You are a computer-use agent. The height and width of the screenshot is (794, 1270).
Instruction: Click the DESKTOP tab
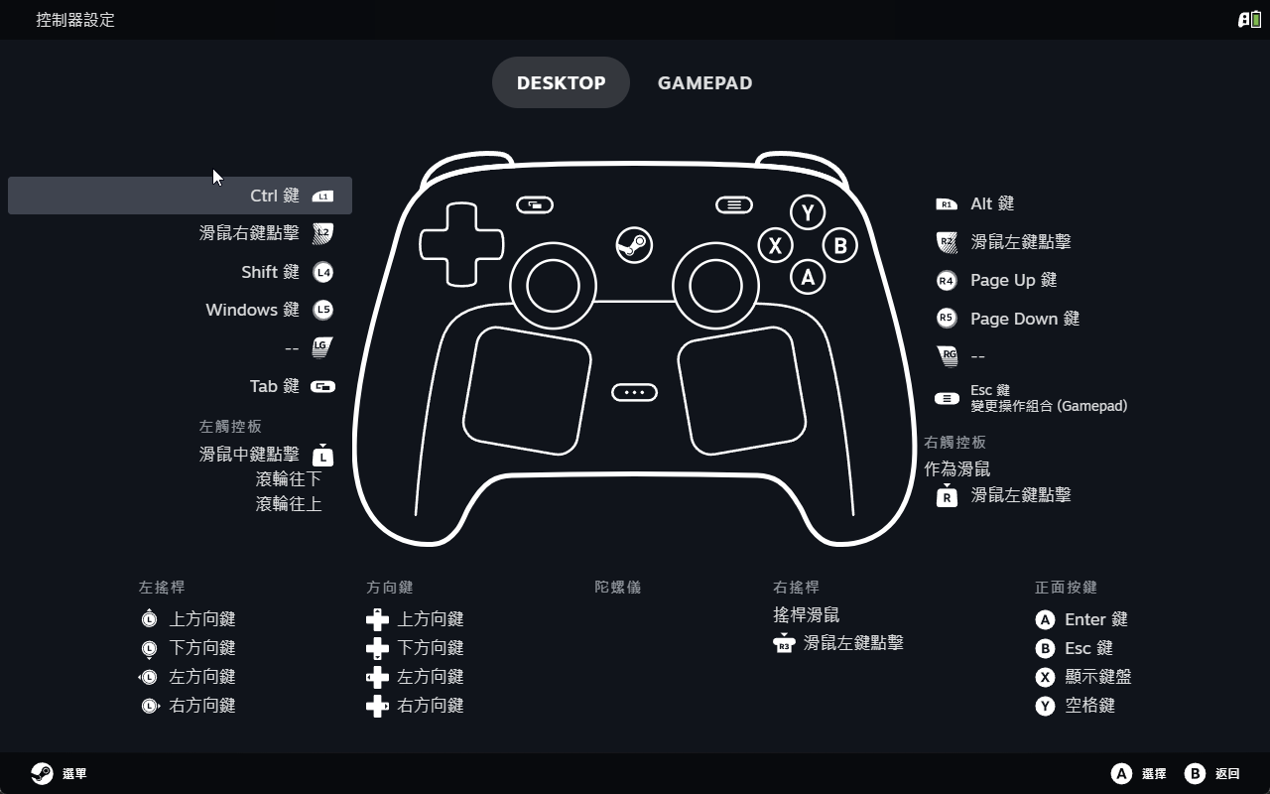(x=561, y=82)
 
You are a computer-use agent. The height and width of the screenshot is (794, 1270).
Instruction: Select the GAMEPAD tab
(x=704, y=82)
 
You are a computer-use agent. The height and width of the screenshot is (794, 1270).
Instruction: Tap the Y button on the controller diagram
(x=808, y=212)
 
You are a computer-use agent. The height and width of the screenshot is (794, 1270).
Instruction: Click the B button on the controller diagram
(x=839, y=245)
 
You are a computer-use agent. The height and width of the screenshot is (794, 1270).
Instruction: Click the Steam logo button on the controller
(x=634, y=245)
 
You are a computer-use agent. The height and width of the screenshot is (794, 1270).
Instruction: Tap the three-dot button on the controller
(x=634, y=392)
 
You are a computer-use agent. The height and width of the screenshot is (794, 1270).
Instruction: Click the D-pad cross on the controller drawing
(x=461, y=244)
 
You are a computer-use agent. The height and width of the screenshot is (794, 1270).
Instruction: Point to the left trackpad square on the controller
(x=527, y=391)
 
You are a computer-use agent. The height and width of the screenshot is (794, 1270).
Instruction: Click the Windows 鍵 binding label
(x=252, y=310)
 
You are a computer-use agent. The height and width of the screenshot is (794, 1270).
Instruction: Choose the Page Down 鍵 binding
(x=1025, y=319)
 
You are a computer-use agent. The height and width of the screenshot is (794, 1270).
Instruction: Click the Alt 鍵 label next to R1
(x=991, y=203)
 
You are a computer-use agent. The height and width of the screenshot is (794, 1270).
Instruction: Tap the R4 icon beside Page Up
(x=947, y=280)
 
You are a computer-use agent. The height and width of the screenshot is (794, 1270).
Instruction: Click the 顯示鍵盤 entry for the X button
(x=1097, y=677)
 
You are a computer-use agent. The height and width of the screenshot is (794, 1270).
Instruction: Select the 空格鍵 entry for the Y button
(x=1089, y=706)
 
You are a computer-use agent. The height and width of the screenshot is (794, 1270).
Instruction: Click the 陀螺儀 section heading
(x=617, y=587)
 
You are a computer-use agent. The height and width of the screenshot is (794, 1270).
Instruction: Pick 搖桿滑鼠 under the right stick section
(x=806, y=614)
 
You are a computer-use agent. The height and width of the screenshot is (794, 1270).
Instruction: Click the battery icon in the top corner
(x=1256, y=20)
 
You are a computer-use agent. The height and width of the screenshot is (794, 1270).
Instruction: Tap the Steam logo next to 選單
(x=42, y=773)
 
